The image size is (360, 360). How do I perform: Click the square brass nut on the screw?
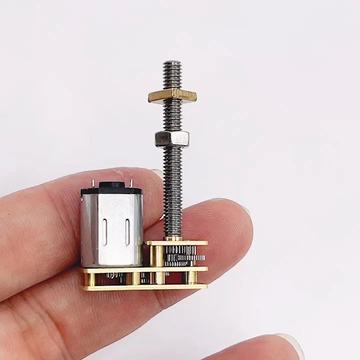pos(172,95)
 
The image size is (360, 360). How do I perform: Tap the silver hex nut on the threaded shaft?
pos(171,138)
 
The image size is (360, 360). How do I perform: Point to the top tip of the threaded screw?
pos(172,63)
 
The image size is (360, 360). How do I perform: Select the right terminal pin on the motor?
pos(131,185)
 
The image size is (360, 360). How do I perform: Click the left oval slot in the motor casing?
pos(104,231)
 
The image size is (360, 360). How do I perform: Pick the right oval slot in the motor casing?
pos(127,231)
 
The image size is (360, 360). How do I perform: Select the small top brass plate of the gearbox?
pos(176,243)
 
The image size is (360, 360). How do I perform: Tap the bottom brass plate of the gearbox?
pos(145,287)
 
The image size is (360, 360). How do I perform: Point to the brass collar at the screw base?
pos(173,238)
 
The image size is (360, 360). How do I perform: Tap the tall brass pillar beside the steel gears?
pos(158,256)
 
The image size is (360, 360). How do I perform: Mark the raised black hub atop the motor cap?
pos(111,185)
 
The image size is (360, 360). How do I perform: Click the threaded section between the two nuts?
pos(172,116)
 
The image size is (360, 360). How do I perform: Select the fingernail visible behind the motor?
pos(157,173)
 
